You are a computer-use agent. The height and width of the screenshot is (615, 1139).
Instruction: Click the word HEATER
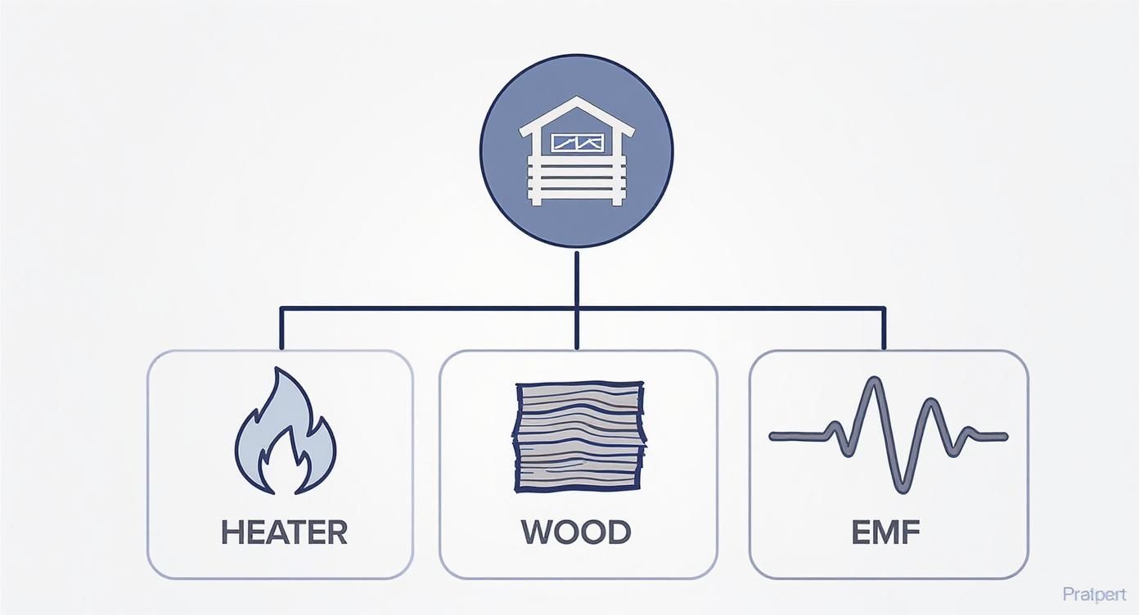[284, 532]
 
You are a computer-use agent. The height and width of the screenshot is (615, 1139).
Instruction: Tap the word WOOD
[576, 532]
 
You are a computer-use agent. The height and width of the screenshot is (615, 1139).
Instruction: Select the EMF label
[886, 532]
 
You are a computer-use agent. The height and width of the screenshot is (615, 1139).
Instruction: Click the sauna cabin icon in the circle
[577, 151]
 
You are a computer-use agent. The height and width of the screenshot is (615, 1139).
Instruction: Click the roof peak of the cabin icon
[577, 100]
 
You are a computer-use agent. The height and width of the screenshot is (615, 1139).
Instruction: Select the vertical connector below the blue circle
[577, 278]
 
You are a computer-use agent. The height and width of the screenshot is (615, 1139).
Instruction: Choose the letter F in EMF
[911, 532]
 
